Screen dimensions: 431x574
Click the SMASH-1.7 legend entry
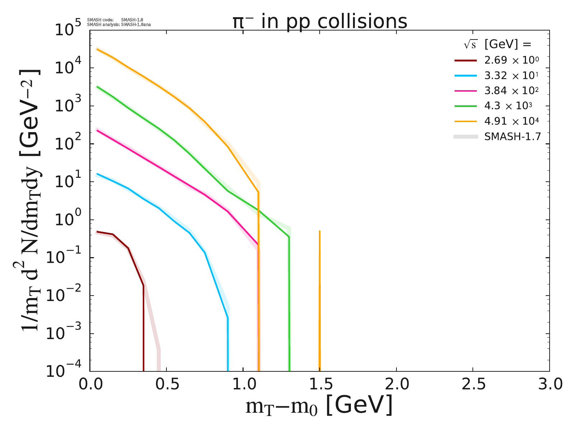[x=512, y=137]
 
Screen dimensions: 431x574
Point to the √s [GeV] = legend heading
[x=497, y=44]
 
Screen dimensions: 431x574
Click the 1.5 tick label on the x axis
[x=320, y=384]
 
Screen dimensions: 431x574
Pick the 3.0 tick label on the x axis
[x=549, y=384]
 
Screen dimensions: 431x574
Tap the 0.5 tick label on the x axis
[x=166, y=384]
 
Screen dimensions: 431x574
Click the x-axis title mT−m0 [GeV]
[x=319, y=406]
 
